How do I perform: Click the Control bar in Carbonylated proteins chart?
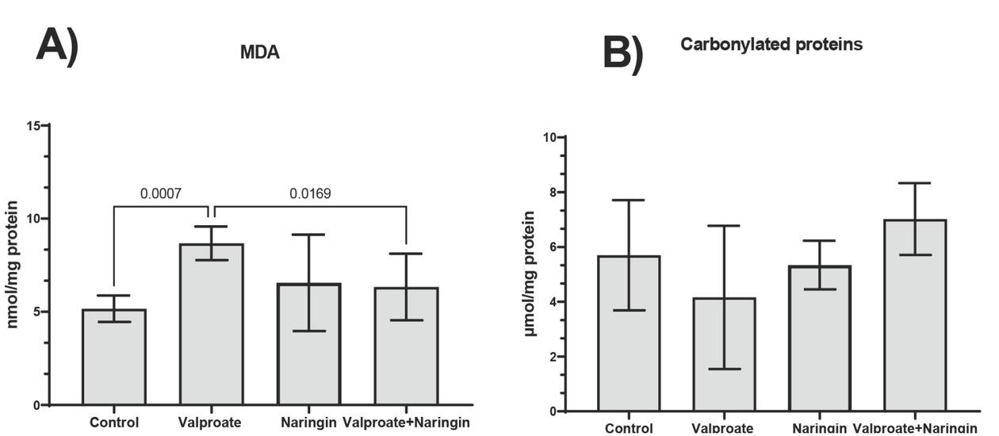click(x=629, y=334)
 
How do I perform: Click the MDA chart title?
click(x=259, y=53)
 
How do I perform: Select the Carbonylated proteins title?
click(x=771, y=45)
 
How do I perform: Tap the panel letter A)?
click(x=57, y=45)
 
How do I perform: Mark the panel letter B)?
click(x=623, y=53)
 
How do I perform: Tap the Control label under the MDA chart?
click(x=114, y=423)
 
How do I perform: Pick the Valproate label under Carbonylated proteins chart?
click(x=722, y=428)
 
